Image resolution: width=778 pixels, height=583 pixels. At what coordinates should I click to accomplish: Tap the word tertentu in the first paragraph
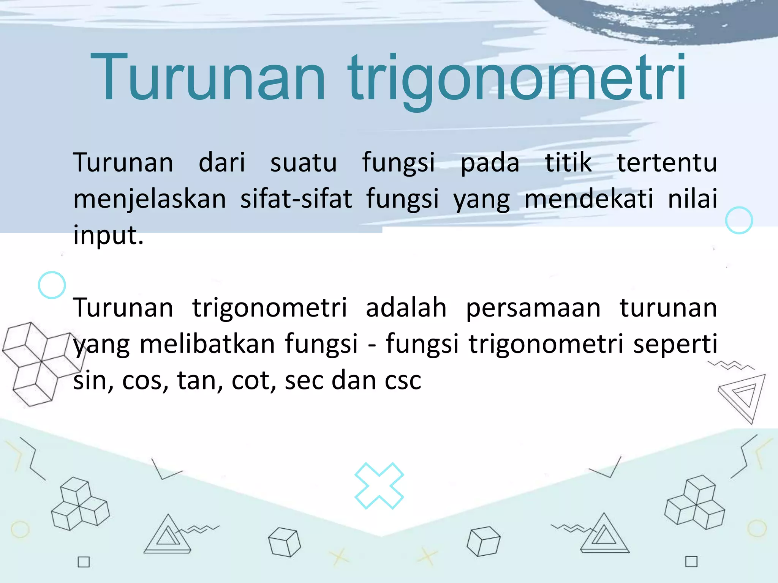pos(667,162)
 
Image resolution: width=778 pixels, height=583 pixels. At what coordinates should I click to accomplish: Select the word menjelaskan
pos(150,199)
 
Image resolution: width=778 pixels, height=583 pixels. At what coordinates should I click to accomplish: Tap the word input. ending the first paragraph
pos(108,235)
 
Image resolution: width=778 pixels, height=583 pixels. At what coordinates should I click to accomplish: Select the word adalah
pos(406,307)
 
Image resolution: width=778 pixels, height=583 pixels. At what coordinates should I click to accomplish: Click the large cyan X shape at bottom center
pos(379,485)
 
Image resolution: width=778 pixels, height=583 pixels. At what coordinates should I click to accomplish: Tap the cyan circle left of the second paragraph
pos(52,285)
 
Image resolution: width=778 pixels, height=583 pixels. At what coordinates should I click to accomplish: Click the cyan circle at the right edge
pos(739,220)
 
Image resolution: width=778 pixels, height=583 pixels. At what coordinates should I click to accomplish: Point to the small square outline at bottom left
pos(84,562)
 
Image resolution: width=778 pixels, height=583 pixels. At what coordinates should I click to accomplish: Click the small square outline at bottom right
pos(691,561)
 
